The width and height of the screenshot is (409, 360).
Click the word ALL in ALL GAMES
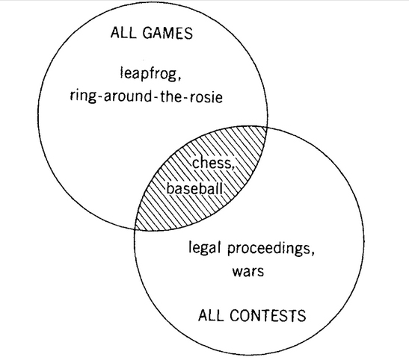pyautogui.click(x=124, y=33)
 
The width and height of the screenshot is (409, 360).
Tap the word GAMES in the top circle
pyautogui.click(x=167, y=33)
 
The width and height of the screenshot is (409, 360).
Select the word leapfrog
pyautogui.click(x=148, y=75)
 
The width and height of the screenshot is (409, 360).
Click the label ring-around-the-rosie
pyautogui.click(x=146, y=97)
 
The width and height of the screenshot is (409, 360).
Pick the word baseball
pyautogui.click(x=194, y=188)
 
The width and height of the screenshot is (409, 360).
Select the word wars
pyautogui.click(x=248, y=271)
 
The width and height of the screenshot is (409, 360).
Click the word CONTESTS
pyautogui.click(x=268, y=315)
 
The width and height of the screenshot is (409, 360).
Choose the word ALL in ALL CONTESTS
pyautogui.click(x=212, y=315)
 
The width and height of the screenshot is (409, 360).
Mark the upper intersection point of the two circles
pyautogui.click(x=266, y=127)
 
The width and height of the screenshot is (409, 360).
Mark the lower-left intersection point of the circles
pyautogui.click(x=135, y=229)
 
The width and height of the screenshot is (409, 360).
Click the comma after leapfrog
pyautogui.click(x=179, y=78)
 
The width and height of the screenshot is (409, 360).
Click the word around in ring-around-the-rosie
pyautogui.click(x=127, y=97)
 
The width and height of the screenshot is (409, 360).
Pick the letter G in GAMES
pyautogui.click(x=148, y=33)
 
